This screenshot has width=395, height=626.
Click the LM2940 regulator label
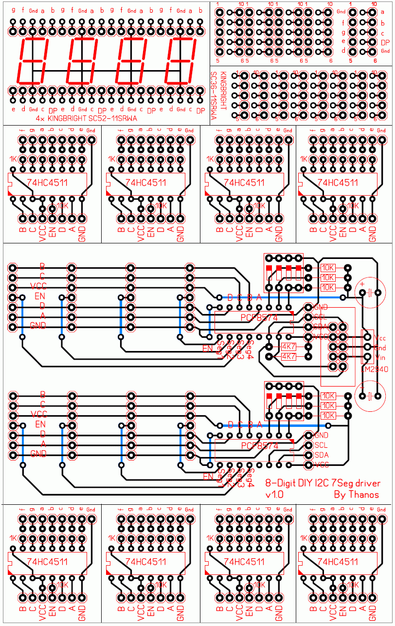(x=374, y=369)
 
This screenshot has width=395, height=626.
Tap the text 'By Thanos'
(x=356, y=495)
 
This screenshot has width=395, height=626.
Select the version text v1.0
(x=274, y=495)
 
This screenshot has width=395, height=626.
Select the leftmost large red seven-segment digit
(x=32, y=60)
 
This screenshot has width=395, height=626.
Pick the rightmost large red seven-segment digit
(x=180, y=60)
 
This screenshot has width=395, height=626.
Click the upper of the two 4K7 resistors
(x=288, y=347)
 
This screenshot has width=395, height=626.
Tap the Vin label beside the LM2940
(x=380, y=357)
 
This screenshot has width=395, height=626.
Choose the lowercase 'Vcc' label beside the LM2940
(x=380, y=338)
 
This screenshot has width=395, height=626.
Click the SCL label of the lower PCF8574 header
(x=321, y=445)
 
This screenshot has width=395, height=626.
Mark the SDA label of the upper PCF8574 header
(x=321, y=326)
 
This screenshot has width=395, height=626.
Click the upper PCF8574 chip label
(x=259, y=317)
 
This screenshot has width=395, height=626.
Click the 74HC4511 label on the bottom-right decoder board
(x=337, y=561)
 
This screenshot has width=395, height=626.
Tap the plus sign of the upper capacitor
(x=361, y=283)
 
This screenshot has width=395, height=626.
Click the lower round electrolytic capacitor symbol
(x=370, y=396)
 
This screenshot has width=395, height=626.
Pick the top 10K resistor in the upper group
(x=328, y=267)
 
